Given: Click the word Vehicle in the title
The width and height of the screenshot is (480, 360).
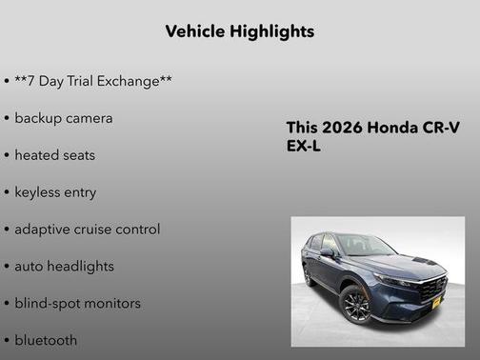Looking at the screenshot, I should pos(195,31).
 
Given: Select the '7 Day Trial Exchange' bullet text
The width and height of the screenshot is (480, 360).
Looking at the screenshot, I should pos(93,81).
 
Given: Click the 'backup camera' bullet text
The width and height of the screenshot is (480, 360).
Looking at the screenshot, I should pos(64,118).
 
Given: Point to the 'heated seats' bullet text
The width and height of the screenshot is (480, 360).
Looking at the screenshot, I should pos(55,154).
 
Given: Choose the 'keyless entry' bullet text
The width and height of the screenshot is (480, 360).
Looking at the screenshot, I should pos(55,191).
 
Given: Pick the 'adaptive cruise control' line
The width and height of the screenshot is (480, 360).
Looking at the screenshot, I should pos(88,229).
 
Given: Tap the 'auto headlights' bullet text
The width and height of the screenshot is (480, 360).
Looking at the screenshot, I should pos(64,266).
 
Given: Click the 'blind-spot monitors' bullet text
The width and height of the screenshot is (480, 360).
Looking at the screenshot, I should pos(77,303).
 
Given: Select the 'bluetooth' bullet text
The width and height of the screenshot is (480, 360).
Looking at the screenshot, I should pos(46,340).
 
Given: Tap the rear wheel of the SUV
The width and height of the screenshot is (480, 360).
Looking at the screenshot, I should pos(309,275).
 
